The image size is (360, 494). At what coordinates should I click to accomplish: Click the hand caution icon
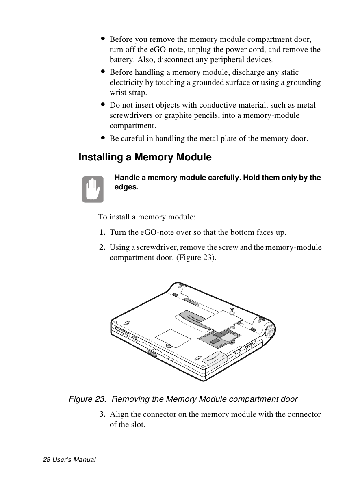[x=93, y=189]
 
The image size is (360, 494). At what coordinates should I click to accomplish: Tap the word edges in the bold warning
[x=127, y=187]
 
